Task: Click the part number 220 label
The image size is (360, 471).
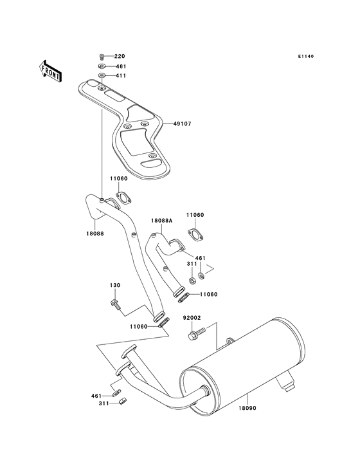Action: pyautogui.click(x=120, y=56)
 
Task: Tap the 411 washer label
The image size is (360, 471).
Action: pyautogui.click(x=120, y=76)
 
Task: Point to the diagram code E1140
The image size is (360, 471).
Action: pyautogui.click(x=305, y=57)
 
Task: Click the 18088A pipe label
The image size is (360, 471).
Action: pyautogui.click(x=161, y=220)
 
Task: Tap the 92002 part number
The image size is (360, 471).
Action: pyautogui.click(x=192, y=317)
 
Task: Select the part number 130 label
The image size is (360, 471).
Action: pyautogui.click(x=114, y=285)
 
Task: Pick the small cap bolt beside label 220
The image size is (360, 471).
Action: pyautogui.click(x=102, y=57)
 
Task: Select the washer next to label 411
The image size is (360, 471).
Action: pyautogui.click(x=102, y=76)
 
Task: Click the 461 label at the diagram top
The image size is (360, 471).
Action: pyautogui.click(x=120, y=66)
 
